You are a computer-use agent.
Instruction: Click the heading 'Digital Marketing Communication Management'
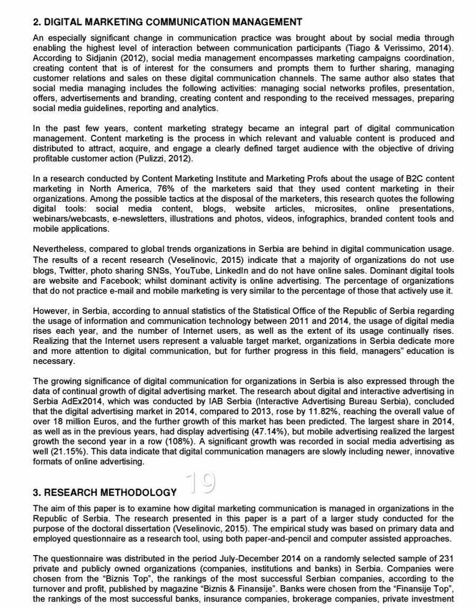[167, 22]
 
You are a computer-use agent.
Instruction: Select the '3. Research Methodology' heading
[105, 493]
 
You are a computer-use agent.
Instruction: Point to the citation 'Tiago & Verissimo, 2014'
[406, 48]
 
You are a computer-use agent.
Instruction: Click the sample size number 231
[446, 559]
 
